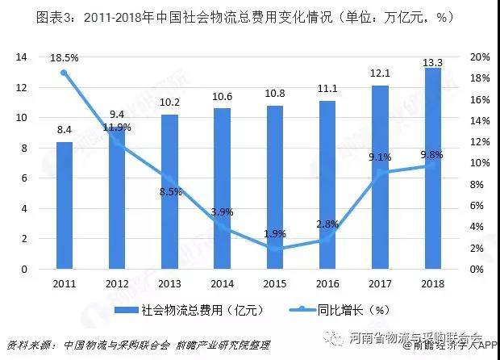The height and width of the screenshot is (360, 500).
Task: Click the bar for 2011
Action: click(x=65, y=206)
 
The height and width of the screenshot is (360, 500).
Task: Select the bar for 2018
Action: click(x=433, y=169)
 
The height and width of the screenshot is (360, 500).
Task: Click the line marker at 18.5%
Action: click(x=65, y=73)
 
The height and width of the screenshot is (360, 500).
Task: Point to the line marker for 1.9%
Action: click(x=275, y=249)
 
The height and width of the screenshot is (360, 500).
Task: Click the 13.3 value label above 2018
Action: click(x=433, y=60)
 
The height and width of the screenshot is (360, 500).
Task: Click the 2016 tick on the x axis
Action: click(x=327, y=284)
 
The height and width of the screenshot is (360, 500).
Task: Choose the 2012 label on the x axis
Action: click(x=117, y=284)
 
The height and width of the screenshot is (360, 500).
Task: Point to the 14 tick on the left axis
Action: click(x=23, y=57)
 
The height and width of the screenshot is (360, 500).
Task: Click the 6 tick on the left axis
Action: click(x=25, y=178)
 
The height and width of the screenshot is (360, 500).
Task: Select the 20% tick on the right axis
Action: click(x=479, y=57)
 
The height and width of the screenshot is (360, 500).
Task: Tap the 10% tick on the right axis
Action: click(x=479, y=163)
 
